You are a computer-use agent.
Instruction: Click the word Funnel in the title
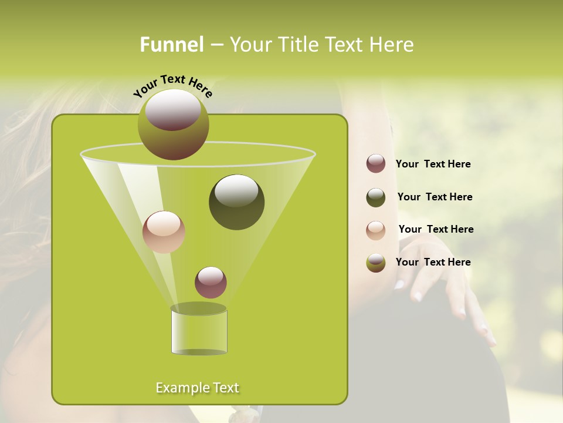[x=171, y=45]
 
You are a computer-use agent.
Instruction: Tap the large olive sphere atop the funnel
[x=173, y=124]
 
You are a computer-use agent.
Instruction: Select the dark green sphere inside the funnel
[x=236, y=202]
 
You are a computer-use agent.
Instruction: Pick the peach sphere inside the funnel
[x=164, y=232]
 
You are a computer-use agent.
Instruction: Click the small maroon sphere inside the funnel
[x=211, y=282]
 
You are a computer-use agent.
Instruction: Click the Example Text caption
[x=197, y=388]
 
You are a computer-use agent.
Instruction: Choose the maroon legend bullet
[x=376, y=163]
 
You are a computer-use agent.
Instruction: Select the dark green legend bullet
[x=376, y=197]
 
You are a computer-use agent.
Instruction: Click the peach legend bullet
[x=376, y=230]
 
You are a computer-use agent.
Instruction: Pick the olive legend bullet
[x=376, y=263]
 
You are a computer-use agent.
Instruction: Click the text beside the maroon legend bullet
[x=433, y=164]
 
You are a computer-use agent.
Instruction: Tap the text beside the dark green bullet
[x=435, y=197]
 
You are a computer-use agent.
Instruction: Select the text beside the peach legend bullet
[x=436, y=229]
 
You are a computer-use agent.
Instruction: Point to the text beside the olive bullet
[x=433, y=262]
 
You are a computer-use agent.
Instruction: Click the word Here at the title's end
[x=392, y=45]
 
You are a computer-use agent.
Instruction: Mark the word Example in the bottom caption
[x=178, y=388]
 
